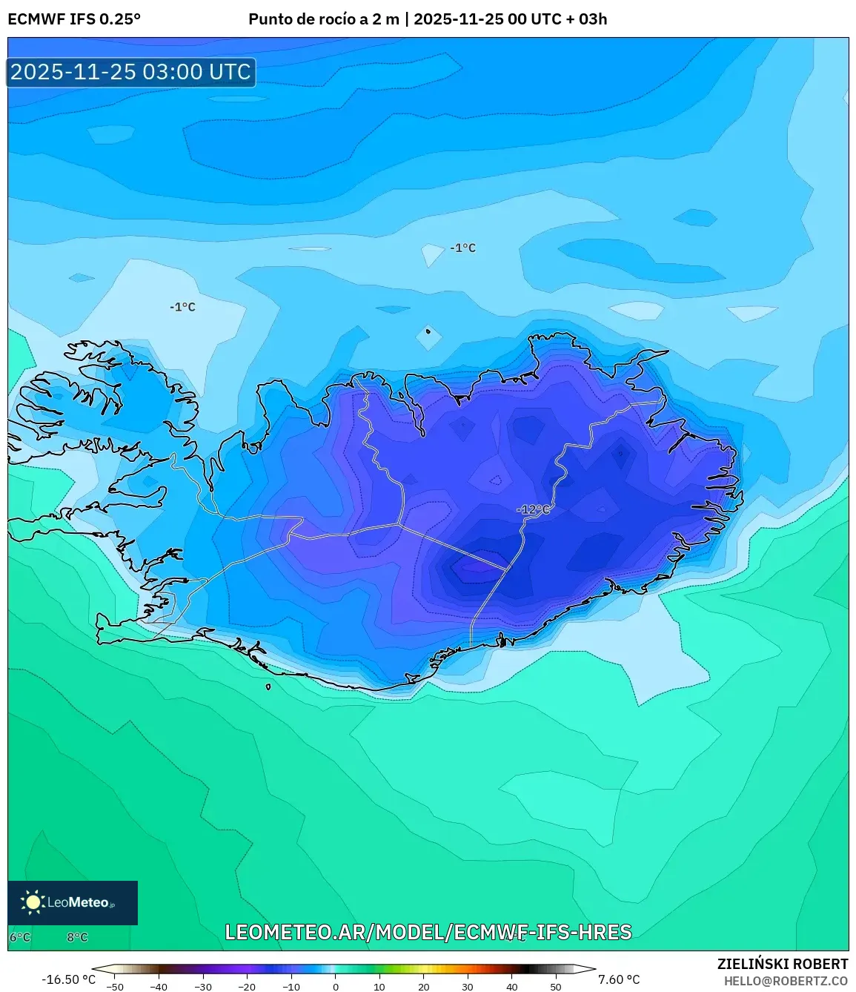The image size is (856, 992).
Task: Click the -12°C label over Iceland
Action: (534, 509)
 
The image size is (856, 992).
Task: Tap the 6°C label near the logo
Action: (20, 937)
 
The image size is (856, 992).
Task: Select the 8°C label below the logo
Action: (77, 937)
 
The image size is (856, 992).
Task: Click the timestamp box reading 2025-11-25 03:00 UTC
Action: (131, 72)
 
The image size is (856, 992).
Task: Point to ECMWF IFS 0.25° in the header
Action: (74, 19)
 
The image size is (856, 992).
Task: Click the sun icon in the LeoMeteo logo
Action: (33, 902)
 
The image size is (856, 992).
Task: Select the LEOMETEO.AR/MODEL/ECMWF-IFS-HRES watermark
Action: (428, 932)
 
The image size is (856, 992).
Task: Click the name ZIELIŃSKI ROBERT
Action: (782, 964)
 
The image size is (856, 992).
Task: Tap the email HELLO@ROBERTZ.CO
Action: (786, 981)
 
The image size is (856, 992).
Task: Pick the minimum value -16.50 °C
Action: (68, 979)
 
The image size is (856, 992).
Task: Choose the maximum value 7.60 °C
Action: (619, 979)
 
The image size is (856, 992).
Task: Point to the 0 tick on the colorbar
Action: (336, 986)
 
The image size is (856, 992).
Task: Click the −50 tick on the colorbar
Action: (115, 986)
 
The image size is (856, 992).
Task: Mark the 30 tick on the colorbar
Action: (467, 986)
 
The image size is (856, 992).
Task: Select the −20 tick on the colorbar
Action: (247, 986)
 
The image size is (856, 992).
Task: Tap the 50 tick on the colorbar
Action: (555, 986)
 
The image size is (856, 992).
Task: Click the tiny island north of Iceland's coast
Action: (428, 331)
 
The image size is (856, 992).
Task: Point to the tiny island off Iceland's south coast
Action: (268, 687)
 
